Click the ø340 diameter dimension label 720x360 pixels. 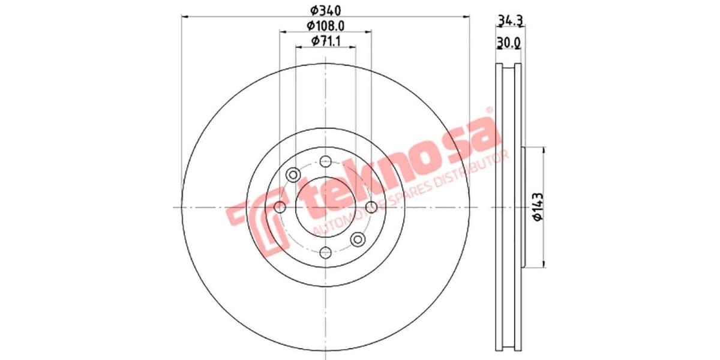(325, 10)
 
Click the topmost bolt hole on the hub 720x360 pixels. (325, 161)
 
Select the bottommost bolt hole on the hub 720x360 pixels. (325, 253)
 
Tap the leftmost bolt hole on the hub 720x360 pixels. (280, 207)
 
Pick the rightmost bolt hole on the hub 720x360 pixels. (371, 207)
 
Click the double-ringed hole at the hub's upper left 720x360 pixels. (293, 175)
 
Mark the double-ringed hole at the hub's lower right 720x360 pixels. (358, 239)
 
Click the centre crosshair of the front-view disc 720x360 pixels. (325, 207)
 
